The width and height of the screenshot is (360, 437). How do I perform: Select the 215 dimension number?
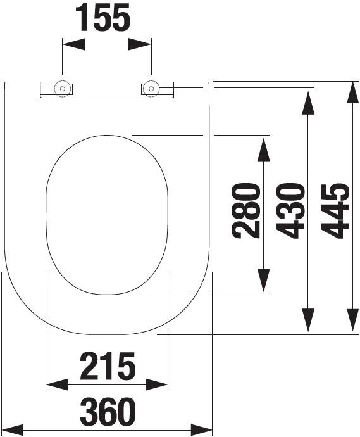[x=108, y=366]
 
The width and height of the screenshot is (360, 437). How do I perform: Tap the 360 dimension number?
[x=108, y=412]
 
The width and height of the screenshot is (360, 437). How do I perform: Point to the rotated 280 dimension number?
[x=246, y=210]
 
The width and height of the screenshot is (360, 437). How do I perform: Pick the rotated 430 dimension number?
[x=290, y=210]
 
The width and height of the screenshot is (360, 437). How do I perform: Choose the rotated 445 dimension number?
[x=335, y=211]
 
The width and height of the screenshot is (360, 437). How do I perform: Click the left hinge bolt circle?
[x=63, y=89]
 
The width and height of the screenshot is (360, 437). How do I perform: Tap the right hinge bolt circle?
[x=151, y=89]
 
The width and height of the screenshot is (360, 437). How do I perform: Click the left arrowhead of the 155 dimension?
[x=74, y=44]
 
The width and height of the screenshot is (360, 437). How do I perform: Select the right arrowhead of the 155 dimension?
[x=139, y=44]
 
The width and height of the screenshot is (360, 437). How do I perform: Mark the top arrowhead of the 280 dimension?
[x=264, y=150]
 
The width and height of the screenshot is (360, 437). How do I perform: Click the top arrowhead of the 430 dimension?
[x=308, y=103]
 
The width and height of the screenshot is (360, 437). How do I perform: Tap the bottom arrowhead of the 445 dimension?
[x=353, y=320]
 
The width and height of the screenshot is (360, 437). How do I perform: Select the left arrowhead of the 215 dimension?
[x=57, y=384]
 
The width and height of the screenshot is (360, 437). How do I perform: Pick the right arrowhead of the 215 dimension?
[x=157, y=384]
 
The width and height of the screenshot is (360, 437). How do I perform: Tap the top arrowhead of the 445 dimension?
[x=353, y=93]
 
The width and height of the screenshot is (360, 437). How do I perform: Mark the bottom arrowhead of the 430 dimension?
[x=308, y=320]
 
